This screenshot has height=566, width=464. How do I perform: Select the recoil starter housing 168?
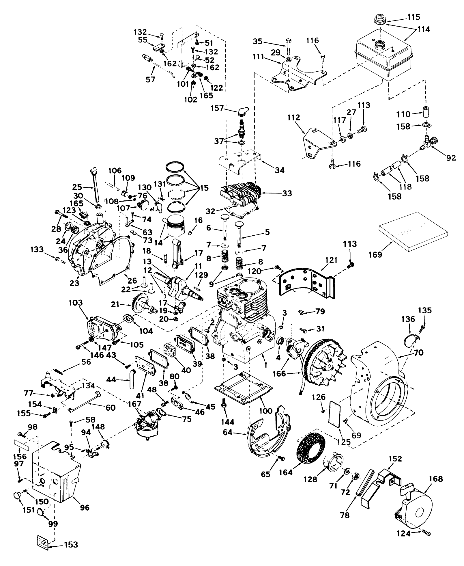click(x=416, y=511)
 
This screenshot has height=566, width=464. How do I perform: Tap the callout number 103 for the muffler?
click(x=76, y=303)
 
